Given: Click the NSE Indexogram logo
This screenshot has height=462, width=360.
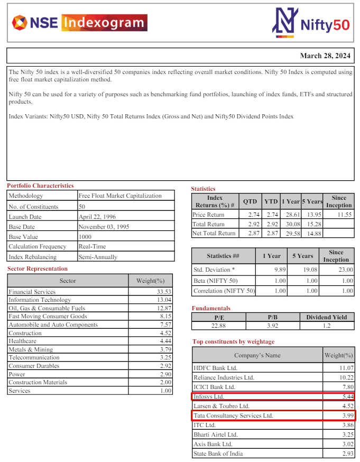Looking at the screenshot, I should point(79,23).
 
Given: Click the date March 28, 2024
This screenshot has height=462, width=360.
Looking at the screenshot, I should point(325,56).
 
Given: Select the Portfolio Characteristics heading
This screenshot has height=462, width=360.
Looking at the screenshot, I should point(40,186).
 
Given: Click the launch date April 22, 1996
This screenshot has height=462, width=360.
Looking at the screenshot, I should point(97,217).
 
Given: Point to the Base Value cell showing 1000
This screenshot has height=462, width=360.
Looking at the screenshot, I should point(85,237).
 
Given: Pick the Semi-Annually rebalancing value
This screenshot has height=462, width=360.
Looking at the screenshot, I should point(98,257).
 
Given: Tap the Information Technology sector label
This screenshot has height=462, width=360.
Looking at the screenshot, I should point(40,300).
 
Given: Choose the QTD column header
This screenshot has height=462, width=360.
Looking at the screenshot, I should point(250,201).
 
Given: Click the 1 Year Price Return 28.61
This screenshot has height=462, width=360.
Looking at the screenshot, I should point(291,215).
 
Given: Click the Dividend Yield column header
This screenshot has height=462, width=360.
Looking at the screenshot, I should point(327,317).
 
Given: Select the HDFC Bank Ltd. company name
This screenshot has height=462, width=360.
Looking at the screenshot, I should point(216,368).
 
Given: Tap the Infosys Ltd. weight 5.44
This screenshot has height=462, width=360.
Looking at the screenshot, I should point(347,396).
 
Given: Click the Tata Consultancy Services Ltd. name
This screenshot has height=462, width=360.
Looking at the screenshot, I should point(234,415).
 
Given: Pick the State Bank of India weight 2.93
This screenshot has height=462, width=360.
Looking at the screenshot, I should point(347,454).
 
